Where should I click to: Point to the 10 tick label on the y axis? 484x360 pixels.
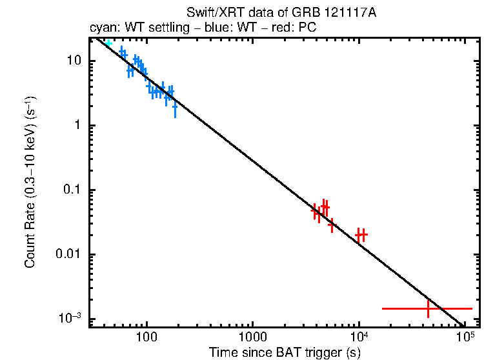coord(70,61)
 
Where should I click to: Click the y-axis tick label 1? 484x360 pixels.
coord(76,126)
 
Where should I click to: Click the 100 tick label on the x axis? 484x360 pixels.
coord(147,337)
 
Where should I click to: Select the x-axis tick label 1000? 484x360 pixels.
coord(252,337)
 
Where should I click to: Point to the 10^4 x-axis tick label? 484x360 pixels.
coord(359,336)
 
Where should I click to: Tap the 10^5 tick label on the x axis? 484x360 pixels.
coord(465,336)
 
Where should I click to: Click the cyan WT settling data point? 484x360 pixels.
coord(108,43)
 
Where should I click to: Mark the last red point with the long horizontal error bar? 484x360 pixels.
coord(428,308)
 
